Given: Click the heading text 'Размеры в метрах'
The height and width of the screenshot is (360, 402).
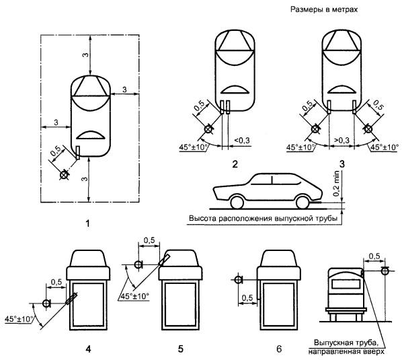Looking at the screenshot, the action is (x=324, y=9).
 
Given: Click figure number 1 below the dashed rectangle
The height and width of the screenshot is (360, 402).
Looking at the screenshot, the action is (x=88, y=224).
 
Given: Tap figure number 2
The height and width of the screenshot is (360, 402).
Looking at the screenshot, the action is (x=235, y=164).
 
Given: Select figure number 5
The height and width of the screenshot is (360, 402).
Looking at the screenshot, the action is (x=181, y=349).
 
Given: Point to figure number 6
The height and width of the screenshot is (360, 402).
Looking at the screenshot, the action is (x=279, y=349).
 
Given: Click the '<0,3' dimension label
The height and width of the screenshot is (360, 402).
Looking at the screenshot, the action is (x=242, y=141).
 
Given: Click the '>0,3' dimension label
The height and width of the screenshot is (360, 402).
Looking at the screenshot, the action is (x=341, y=141).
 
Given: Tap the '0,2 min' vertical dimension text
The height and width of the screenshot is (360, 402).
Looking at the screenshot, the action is (x=336, y=184).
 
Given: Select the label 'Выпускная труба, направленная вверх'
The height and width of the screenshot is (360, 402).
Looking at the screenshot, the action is (x=346, y=347).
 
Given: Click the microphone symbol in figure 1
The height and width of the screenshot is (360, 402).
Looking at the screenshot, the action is (x=64, y=175).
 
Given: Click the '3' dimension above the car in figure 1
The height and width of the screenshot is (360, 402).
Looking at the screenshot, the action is (x=85, y=55).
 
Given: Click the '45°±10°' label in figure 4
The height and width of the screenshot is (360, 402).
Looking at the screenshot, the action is (x=19, y=319).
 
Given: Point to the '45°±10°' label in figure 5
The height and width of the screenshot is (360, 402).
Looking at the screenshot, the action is (x=134, y=296).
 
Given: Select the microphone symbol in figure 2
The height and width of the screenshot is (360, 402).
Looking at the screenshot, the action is (x=208, y=129).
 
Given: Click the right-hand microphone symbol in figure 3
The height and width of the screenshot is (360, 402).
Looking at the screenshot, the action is (x=368, y=129).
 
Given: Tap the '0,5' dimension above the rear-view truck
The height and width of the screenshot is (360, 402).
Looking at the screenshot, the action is (x=374, y=256).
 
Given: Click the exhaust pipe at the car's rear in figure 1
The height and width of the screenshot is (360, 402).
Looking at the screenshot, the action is (x=78, y=153).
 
